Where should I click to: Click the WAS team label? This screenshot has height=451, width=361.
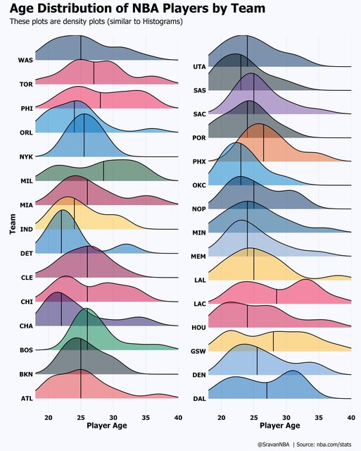pyautogui.click(x=25, y=60)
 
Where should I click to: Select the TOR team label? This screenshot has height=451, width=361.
pyautogui.click(x=26, y=85)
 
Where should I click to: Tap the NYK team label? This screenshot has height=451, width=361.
pyautogui.click(x=26, y=156)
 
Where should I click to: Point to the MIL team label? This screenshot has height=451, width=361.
pyautogui.click(x=27, y=181)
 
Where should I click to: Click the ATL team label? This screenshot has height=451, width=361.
pyautogui.click(x=27, y=398)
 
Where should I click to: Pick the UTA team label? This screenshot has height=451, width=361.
pyautogui.click(x=200, y=67)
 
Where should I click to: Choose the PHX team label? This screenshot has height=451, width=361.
pyautogui.click(x=199, y=161)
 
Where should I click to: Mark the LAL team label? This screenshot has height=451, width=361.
pyautogui.click(x=200, y=280)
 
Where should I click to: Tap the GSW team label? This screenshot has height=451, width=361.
pyautogui.click(x=198, y=351)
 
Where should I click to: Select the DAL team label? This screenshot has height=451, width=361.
pyautogui.click(x=200, y=399)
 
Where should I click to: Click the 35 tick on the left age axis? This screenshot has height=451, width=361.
pyautogui.click(x=146, y=417)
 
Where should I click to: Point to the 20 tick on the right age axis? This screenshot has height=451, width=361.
pyautogui.click(x=222, y=417)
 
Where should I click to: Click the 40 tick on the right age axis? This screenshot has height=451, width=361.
pyautogui.click(x=351, y=417)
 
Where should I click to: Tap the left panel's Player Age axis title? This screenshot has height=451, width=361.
pyautogui.click(x=107, y=426)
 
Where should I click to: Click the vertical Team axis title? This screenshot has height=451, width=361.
pyautogui.click(x=13, y=224)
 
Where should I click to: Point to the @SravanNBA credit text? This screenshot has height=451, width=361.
pyautogui.click(x=274, y=445)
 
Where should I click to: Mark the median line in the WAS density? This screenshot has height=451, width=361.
pyautogui.click(x=81, y=48)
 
